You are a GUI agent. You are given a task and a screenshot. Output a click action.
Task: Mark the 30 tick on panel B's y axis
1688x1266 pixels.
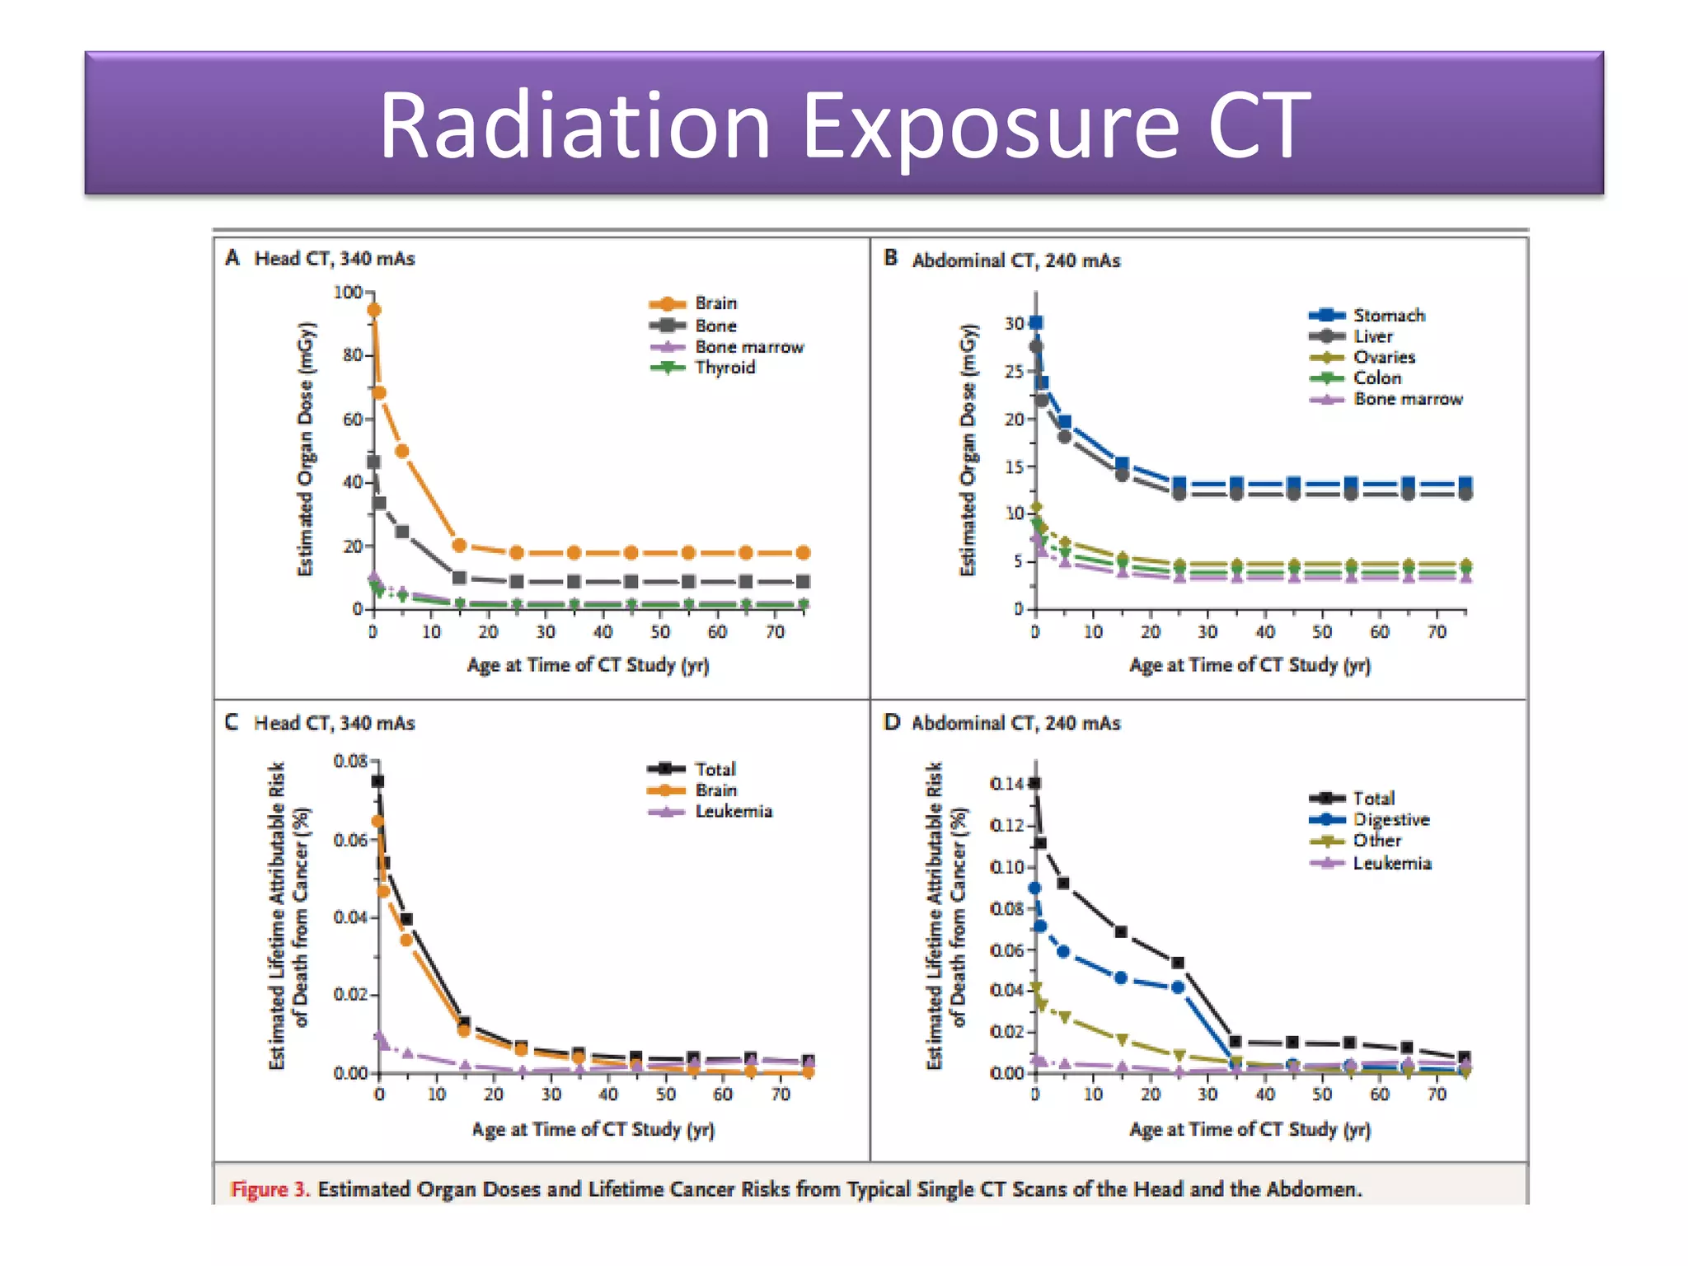coord(1013,324)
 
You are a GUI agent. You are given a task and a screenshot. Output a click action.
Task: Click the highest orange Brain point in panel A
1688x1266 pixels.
coord(373,310)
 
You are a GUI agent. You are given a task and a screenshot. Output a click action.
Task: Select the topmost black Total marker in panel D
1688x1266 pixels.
coord(1035,783)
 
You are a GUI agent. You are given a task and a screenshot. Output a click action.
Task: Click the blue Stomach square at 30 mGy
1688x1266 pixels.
coord(1036,322)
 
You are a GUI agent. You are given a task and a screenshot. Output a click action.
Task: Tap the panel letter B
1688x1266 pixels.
coord(890,258)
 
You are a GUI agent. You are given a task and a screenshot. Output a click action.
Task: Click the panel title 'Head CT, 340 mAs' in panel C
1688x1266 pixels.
coord(334,723)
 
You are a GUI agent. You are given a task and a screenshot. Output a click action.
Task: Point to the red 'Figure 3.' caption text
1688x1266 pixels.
coord(270,1189)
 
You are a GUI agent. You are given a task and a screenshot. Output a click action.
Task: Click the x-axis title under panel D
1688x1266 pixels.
coord(1249,1129)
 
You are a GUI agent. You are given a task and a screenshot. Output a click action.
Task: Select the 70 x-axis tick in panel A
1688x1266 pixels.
coord(775,632)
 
